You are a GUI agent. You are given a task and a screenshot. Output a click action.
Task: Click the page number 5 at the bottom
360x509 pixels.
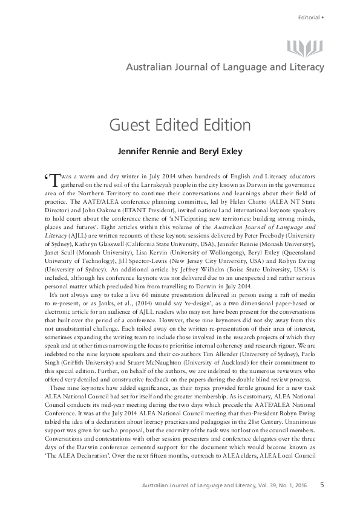pos(322,483)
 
